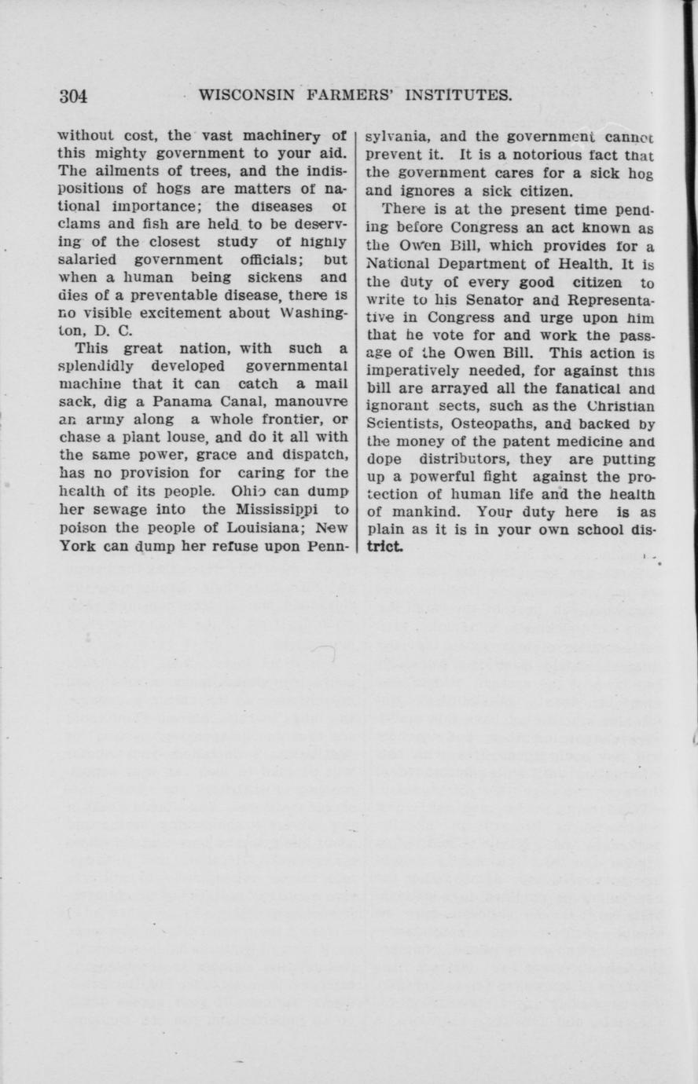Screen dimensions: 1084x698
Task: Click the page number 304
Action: (73, 97)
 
